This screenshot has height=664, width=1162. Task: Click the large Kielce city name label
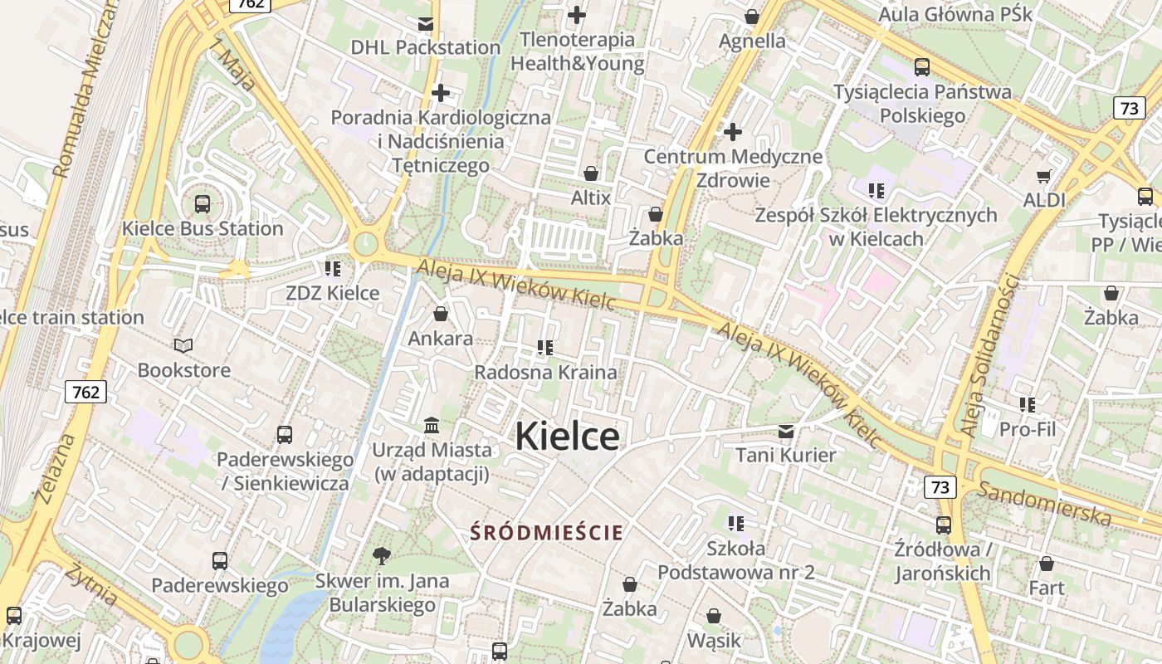coord(568,437)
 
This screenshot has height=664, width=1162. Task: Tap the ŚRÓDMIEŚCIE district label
coord(546,532)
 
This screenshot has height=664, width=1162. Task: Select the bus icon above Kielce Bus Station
coord(202,203)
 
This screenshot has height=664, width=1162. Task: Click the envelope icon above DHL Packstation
coord(426,23)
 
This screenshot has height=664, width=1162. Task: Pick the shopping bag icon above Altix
coord(591,173)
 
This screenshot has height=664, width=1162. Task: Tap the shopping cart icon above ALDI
coord(1044,176)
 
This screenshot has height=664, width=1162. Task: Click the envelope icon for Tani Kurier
coord(786,431)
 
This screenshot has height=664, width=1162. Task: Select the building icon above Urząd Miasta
coord(432,426)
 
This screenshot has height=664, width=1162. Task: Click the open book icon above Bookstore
coord(183,345)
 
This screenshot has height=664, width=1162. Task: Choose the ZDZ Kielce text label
coord(332,293)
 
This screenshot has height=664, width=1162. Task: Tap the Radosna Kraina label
coord(545,372)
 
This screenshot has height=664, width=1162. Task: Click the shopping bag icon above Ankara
coord(441,314)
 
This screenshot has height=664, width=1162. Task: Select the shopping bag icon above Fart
coord(1047,564)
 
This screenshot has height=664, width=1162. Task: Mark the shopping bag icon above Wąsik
coord(714,616)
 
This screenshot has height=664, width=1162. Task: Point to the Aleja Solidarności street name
coord(988,354)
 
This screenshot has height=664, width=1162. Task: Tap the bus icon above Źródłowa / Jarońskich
coord(944,525)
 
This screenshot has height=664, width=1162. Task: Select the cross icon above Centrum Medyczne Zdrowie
coord(733,131)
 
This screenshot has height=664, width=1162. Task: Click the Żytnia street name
coord(92,584)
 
